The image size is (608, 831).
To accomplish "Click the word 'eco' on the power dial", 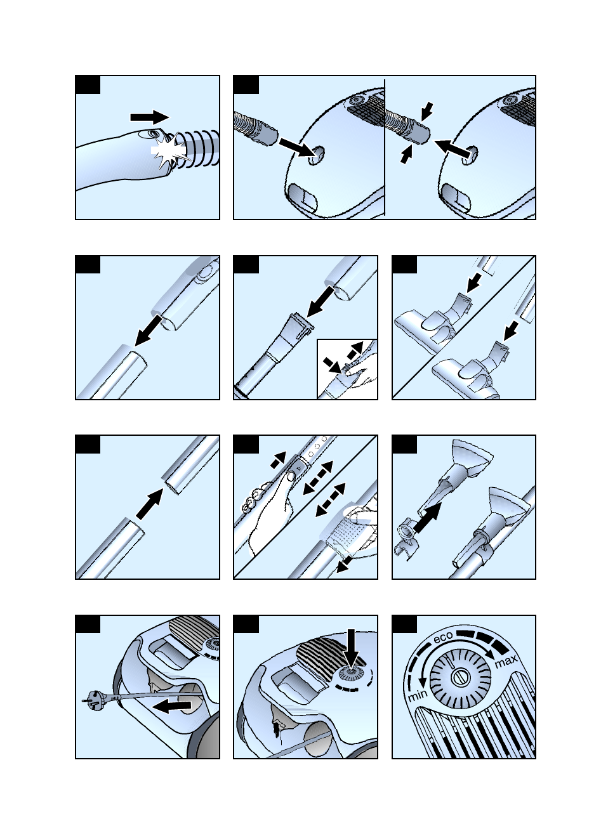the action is (x=443, y=636).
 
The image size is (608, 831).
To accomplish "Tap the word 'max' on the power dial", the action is (x=506, y=662).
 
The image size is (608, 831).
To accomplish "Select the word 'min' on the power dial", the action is (x=417, y=696).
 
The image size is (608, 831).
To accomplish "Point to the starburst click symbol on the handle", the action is (x=168, y=153).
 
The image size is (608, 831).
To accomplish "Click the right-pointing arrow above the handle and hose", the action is (x=150, y=117).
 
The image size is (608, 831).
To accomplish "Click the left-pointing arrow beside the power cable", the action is (x=173, y=706).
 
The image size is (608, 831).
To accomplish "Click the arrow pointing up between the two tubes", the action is (x=150, y=503).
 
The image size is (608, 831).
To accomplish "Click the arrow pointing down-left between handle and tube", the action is (x=149, y=330).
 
